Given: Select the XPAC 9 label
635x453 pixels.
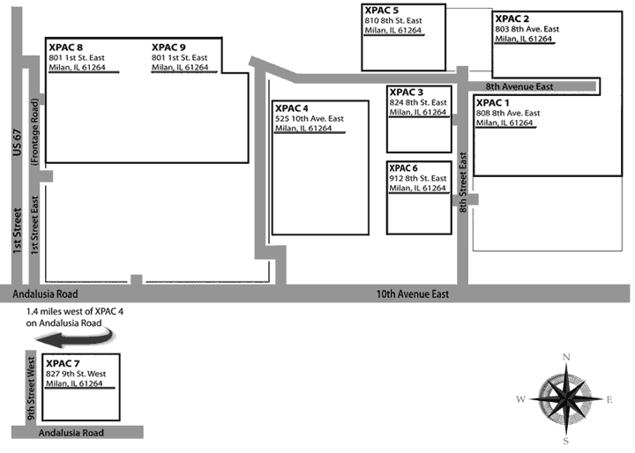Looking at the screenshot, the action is click(x=168, y=48).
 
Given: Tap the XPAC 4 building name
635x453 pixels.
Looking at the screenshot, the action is click(x=292, y=108).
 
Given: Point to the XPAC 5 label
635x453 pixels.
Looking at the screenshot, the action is click(x=380, y=10).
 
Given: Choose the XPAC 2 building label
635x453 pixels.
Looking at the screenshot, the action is click(x=512, y=19).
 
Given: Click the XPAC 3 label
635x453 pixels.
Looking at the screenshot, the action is click(x=406, y=93).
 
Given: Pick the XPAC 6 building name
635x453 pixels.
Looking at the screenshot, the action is click(x=406, y=168).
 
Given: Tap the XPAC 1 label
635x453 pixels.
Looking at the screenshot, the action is click(x=493, y=103).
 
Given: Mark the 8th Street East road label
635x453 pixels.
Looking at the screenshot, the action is click(x=462, y=181).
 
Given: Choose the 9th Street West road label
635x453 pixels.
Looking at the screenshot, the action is click(x=29, y=388).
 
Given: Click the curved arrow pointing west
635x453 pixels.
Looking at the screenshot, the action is click(x=78, y=338).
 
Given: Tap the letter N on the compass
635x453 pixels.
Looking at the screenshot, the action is click(x=566, y=356).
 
